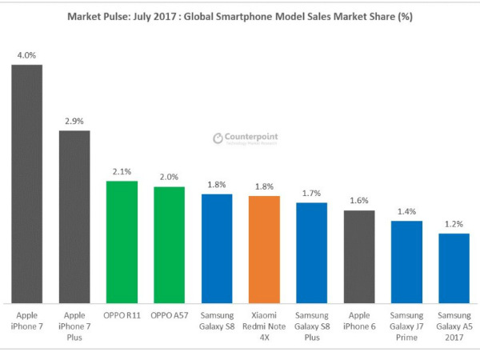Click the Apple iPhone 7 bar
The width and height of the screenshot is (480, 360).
click(x=26, y=183)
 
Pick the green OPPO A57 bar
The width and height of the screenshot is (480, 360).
click(x=169, y=245)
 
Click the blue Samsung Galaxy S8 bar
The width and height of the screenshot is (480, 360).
click(x=216, y=248)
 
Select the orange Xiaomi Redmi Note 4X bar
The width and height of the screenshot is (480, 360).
click(x=264, y=249)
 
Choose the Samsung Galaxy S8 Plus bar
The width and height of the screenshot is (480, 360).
click(x=311, y=252)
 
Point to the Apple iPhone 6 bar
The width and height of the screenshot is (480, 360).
click(x=359, y=256)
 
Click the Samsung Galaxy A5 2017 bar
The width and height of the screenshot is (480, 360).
click(x=454, y=268)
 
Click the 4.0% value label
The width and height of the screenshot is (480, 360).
click(x=26, y=55)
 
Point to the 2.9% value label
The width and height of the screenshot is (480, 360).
click(x=74, y=121)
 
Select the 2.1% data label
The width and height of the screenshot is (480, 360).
click(x=122, y=172)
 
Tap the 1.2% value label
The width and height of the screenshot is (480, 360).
click(x=454, y=225)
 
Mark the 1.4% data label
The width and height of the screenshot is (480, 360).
click(x=406, y=212)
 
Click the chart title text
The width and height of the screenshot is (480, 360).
click(x=239, y=16)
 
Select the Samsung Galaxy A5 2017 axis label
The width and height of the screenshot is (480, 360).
click(x=454, y=326)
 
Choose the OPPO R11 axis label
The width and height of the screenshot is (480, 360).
click(x=122, y=314)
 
